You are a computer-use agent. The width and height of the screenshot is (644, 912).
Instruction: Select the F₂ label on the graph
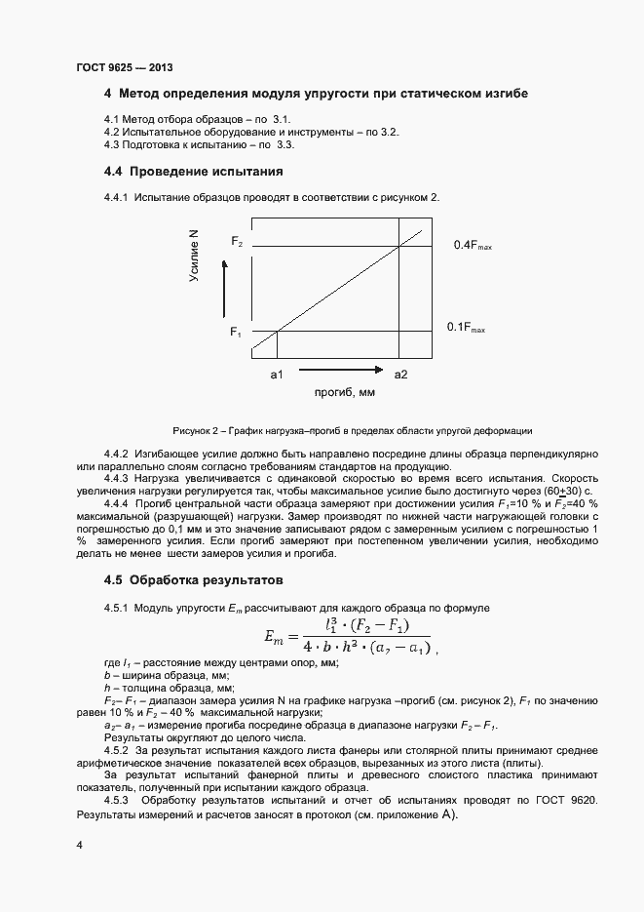click(236, 240)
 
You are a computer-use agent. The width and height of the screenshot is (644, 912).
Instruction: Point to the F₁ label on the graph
click(236, 333)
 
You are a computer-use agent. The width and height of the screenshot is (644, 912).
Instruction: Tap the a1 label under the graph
click(277, 374)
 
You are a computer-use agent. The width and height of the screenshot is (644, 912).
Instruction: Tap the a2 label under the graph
click(400, 374)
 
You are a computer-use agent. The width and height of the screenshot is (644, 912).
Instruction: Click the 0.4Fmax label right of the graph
click(473, 246)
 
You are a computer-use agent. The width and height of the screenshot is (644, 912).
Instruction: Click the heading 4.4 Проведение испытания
click(193, 172)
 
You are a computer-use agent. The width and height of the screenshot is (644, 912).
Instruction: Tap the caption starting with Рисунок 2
click(353, 430)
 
